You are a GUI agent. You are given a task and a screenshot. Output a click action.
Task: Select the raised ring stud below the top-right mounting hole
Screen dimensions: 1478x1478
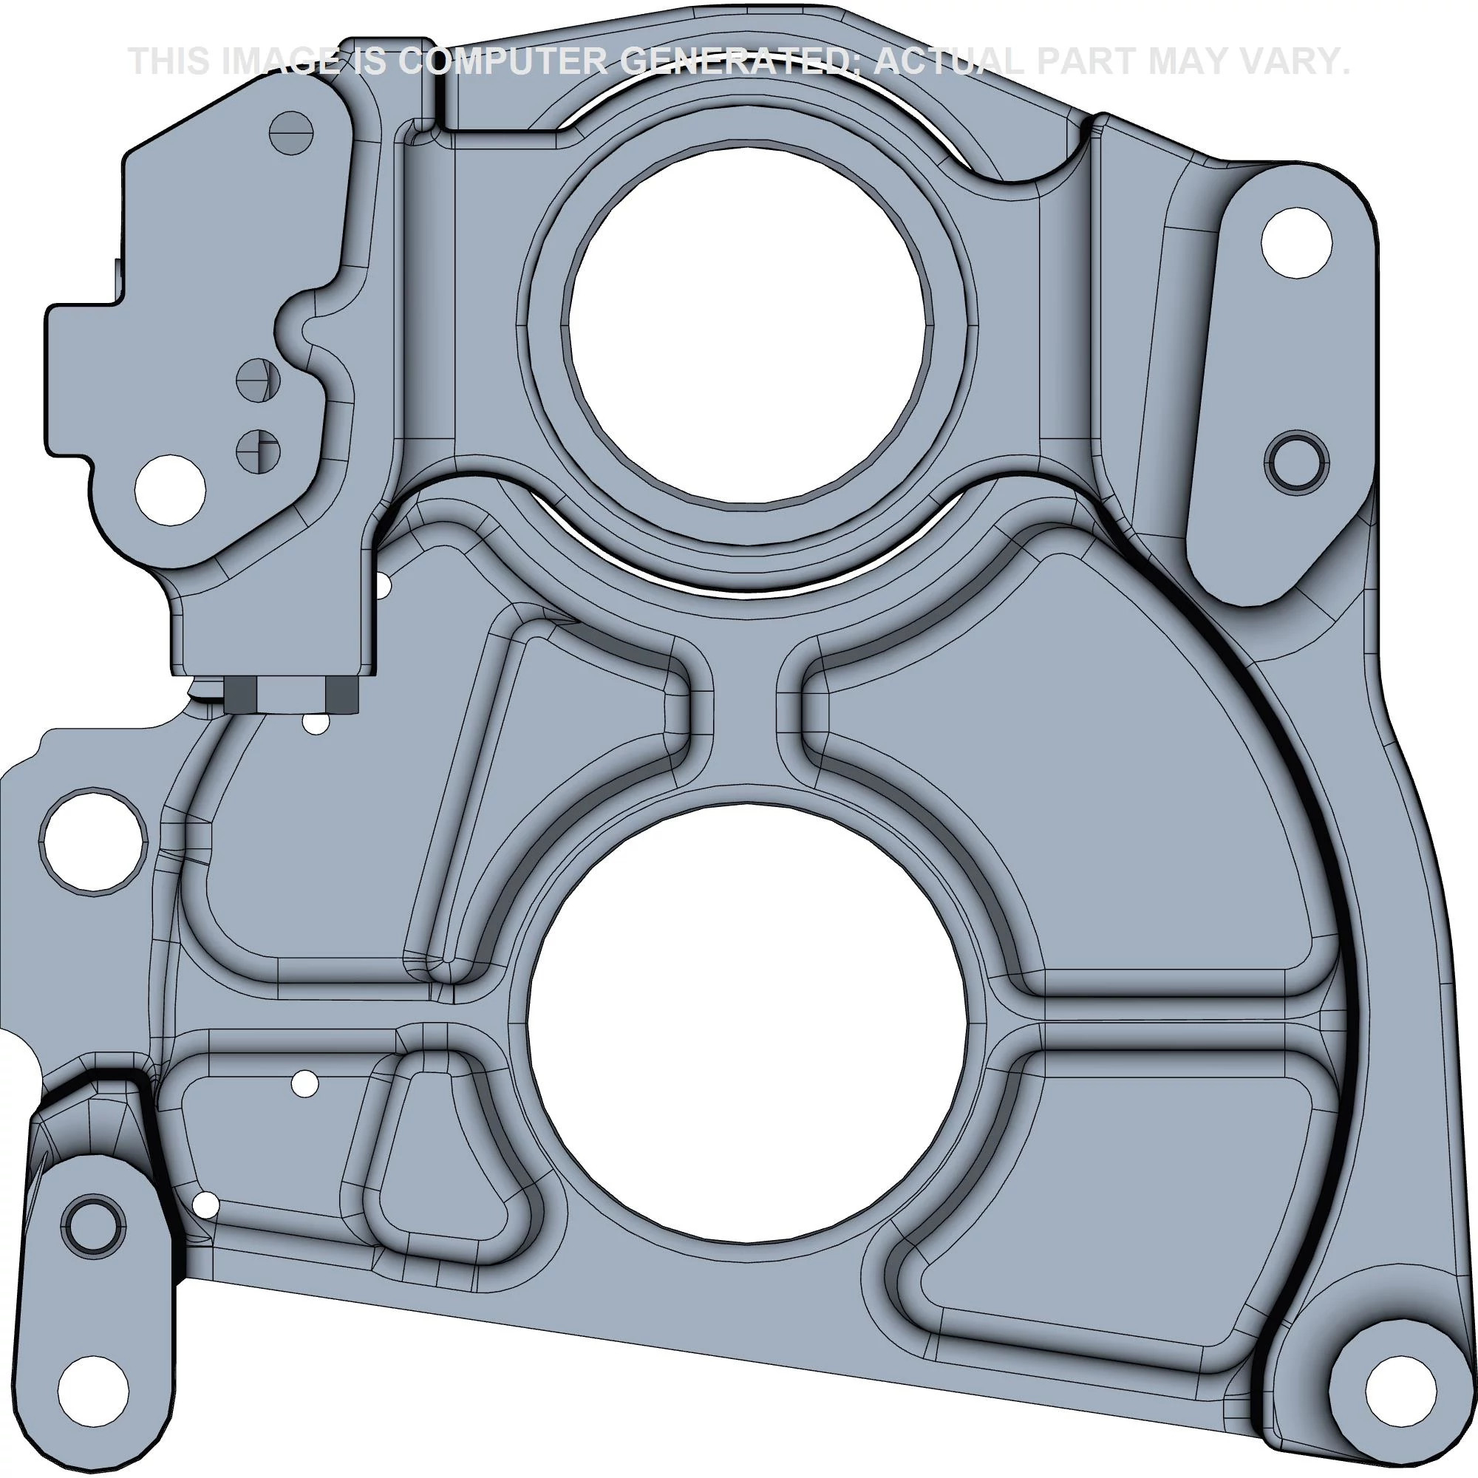[x=1297, y=461]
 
